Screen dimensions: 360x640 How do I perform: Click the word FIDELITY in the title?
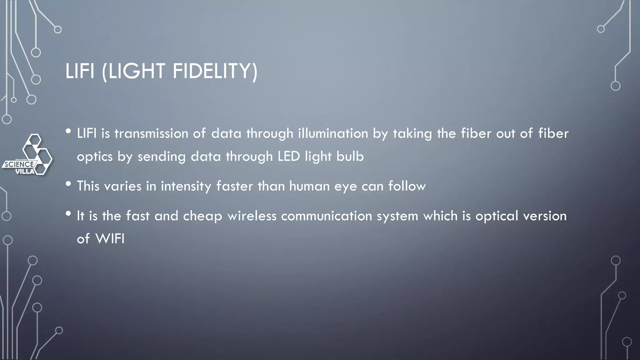pyautogui.click(x=215, y=71)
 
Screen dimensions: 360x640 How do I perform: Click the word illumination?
pyautogui.click(x=333, y=134)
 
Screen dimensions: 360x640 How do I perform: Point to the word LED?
pyautogui.click(x=289, y=157)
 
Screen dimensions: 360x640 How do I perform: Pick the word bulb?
pyautogui.click(x=350, y=157)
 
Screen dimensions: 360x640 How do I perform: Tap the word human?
pyautogui.click(x=309, y=186)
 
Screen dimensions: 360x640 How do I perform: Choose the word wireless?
pyautogui.click(x=252, y=216)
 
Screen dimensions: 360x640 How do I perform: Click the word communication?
pyautogui.click(x=327, y=216)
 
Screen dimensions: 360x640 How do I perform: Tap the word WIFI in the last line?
pyautogui.click(x=110, y=239)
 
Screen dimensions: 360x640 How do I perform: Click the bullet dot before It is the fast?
pyautogui.click(x=68, y=214)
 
